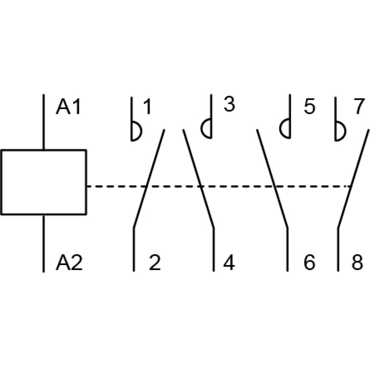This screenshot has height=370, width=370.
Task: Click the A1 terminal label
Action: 68,107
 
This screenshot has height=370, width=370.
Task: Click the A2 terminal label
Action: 69,263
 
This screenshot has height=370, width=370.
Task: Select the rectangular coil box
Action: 44,182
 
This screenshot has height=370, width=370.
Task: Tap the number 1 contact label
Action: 147,107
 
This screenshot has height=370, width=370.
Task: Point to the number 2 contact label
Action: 155,263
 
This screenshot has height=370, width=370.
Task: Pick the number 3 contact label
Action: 229,105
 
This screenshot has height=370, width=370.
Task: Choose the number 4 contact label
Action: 229,263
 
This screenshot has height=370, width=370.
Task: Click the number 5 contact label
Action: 309,107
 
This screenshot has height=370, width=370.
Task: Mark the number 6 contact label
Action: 309,263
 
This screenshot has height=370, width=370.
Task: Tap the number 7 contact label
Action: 359,107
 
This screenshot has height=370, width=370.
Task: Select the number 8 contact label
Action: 357,263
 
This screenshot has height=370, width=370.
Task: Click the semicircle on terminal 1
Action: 142,131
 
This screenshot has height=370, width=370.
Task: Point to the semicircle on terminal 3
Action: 201,129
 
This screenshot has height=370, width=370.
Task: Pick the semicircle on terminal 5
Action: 280,129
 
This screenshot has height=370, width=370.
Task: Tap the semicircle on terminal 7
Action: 345,131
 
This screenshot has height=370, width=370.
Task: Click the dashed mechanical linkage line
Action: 219,186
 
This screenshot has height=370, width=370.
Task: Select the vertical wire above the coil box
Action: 43,122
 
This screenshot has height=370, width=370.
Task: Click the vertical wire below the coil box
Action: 43,244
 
